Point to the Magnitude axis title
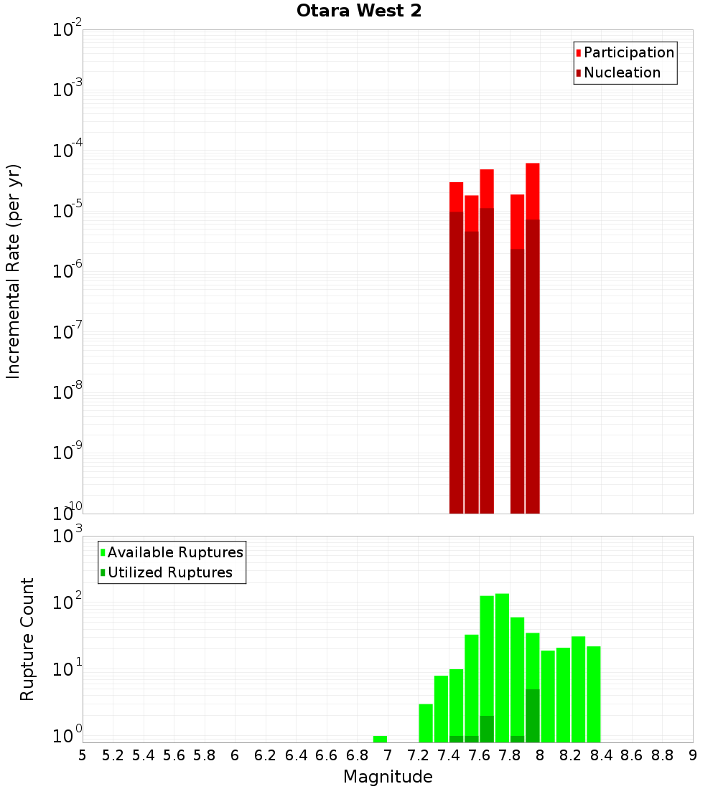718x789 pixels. (388, 777)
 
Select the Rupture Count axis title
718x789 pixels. (27, 639)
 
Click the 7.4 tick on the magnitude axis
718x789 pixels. (449, 755)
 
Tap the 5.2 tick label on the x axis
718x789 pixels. (113, 755)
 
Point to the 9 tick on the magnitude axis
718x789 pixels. (693, 755)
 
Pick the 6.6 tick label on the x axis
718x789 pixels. (327, 755)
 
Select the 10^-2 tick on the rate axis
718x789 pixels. (67, 30)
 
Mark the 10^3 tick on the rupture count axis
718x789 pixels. (67, 537)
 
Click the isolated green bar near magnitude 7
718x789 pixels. (380, 739)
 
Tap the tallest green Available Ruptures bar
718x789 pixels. (502, 667)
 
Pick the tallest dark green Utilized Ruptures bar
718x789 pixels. (532, 715)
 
